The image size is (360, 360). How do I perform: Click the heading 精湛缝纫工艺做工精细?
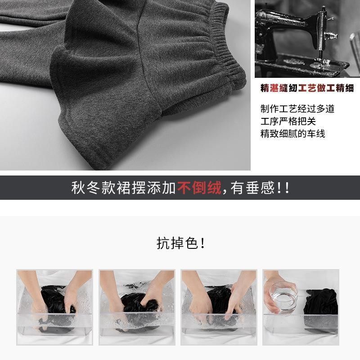(307, 88)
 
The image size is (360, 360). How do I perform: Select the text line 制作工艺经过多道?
(297, 109)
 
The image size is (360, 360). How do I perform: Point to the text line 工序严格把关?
(288, 121)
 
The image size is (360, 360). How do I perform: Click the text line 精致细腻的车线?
(292, 134)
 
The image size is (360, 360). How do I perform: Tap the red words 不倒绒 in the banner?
(199, 188)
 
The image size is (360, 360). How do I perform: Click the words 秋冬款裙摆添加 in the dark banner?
(124, 188)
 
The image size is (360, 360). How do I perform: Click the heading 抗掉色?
(180, 243)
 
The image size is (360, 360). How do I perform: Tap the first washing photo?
(54, 307)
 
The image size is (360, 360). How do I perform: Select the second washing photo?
(137, 307)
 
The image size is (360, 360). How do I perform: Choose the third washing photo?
(219, 307)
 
